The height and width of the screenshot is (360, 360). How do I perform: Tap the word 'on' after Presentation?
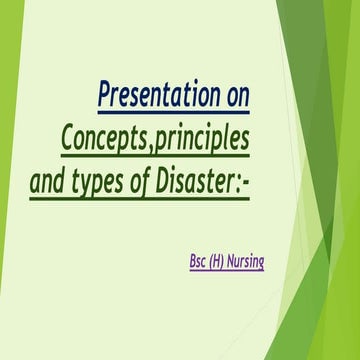tap(237, 97)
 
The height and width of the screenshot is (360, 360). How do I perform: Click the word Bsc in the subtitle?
tap(198, 262)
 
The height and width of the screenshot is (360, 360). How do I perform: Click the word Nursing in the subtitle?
tap(248, 262)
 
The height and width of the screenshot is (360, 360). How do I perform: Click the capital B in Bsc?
tap(192, 262)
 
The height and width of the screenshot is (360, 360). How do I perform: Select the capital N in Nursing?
tap(234, 262)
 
